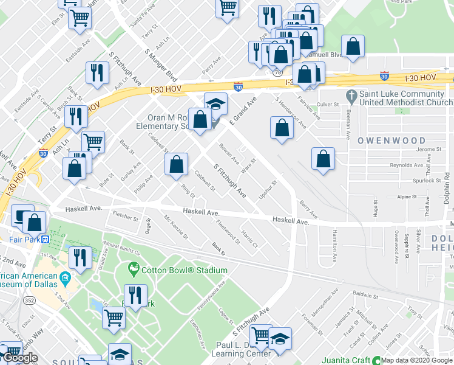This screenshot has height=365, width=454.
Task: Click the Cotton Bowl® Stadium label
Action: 175,270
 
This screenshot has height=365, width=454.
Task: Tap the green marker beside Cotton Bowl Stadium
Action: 133,268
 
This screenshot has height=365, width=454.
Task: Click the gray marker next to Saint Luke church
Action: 351,96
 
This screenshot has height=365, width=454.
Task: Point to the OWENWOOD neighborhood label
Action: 391,141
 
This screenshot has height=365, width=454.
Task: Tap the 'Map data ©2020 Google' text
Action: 416,360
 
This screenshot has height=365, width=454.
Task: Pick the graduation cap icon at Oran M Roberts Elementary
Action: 215,103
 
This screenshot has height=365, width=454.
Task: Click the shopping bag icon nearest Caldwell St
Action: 176,164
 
